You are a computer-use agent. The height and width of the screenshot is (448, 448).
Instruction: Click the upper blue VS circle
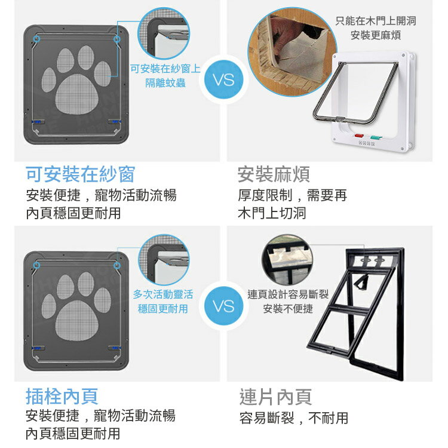pos(224,79)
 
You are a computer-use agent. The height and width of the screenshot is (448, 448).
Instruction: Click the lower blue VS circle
pos(224,306)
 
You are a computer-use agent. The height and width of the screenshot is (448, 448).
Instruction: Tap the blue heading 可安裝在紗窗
pos(80,174)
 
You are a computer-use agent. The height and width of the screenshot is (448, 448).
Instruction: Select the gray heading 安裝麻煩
pos(274,174)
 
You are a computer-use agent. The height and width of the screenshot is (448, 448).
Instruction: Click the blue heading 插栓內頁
pos(62,396)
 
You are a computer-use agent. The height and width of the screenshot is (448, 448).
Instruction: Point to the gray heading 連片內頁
pos(275,397)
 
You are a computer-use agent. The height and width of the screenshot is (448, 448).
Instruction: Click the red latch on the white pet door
pos(358,136)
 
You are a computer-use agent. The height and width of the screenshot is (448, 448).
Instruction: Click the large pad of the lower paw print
pos(76,321)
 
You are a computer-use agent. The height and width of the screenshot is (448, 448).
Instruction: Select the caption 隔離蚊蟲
pos(165,83)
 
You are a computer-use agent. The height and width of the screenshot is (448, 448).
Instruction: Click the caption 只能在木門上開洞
pos(376,20)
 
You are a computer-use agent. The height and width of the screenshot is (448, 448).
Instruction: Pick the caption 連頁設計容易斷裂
pos(288,294)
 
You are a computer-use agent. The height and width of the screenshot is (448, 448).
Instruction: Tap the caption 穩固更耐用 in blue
pos(163,309)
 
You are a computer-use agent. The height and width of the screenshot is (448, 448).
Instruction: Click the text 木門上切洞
pos(272,213)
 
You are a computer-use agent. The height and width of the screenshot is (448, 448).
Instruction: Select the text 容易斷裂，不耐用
pos(294,418)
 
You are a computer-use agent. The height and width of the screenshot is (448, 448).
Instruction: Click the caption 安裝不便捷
pos(288,309)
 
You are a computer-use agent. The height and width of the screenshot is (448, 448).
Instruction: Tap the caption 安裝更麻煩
pos(376,35)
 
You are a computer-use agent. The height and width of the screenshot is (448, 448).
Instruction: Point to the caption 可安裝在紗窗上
pos(165,69)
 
